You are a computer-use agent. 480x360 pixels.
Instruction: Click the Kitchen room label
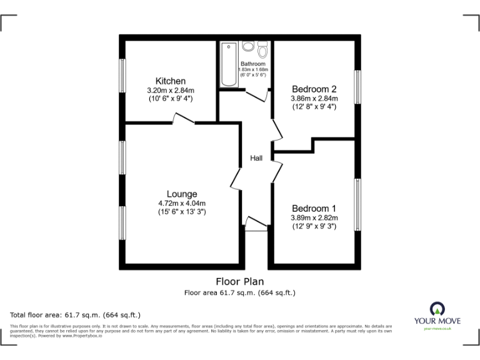[x=170, y=81]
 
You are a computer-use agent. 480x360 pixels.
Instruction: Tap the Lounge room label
[x=181, y=194]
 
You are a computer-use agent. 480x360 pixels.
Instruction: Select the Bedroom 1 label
[x=314, y=209]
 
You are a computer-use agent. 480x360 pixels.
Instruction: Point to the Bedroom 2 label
[x=314, y=89]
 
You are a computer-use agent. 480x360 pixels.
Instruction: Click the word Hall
[x=256, y=159]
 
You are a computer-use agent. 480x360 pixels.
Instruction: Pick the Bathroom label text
[x=254, y=64]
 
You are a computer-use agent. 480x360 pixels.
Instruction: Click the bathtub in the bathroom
[x=228, y=64]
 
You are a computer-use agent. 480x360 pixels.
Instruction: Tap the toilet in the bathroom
[x=263, y=48]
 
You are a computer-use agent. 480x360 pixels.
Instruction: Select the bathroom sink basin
[x=248, y=46]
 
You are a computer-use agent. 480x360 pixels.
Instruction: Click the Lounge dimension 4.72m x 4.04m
[x=181, y=203]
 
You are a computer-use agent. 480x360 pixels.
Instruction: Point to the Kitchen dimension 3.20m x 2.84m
[x=170, y=90]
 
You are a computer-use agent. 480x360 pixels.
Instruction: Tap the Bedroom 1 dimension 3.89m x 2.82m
[x=314, y=217]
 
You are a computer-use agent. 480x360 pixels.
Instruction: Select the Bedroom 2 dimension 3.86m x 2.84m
[x=314, y=98]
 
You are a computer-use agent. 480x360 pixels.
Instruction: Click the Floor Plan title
[x=240, y=282]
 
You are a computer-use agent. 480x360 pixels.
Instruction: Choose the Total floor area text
[x=76, y=314]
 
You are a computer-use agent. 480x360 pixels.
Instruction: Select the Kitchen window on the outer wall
[x=123, y=76]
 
